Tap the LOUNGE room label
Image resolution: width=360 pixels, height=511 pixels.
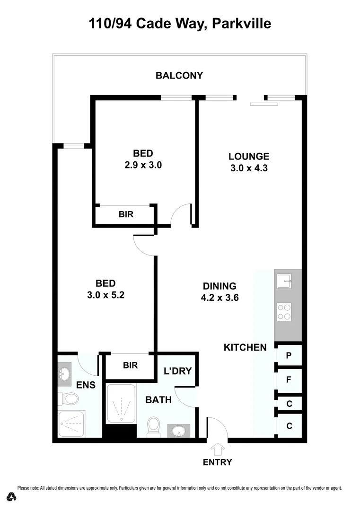(249, 156)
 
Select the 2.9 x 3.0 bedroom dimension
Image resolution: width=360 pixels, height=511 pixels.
(143, 166)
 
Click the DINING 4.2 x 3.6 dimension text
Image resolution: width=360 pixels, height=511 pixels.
(220, 298)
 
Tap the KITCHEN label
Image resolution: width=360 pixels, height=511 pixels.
(245, 347)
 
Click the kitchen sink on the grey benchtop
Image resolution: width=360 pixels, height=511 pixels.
(285, 281)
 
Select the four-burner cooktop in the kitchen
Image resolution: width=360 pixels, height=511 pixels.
(284, 311)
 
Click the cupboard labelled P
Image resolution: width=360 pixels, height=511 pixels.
(289, 355)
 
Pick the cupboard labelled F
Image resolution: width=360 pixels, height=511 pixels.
(289, 379)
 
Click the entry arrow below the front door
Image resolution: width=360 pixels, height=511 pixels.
(218, 449)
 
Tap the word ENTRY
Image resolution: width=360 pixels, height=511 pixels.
(218, 462)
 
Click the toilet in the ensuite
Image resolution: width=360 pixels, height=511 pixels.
(69, 398)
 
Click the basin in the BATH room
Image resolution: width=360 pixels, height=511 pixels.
(179, 431)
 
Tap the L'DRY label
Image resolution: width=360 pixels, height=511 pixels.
(177, 371)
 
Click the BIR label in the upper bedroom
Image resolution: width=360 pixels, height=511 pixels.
(126, 214)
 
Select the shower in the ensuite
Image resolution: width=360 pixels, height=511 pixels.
(71, 425)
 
